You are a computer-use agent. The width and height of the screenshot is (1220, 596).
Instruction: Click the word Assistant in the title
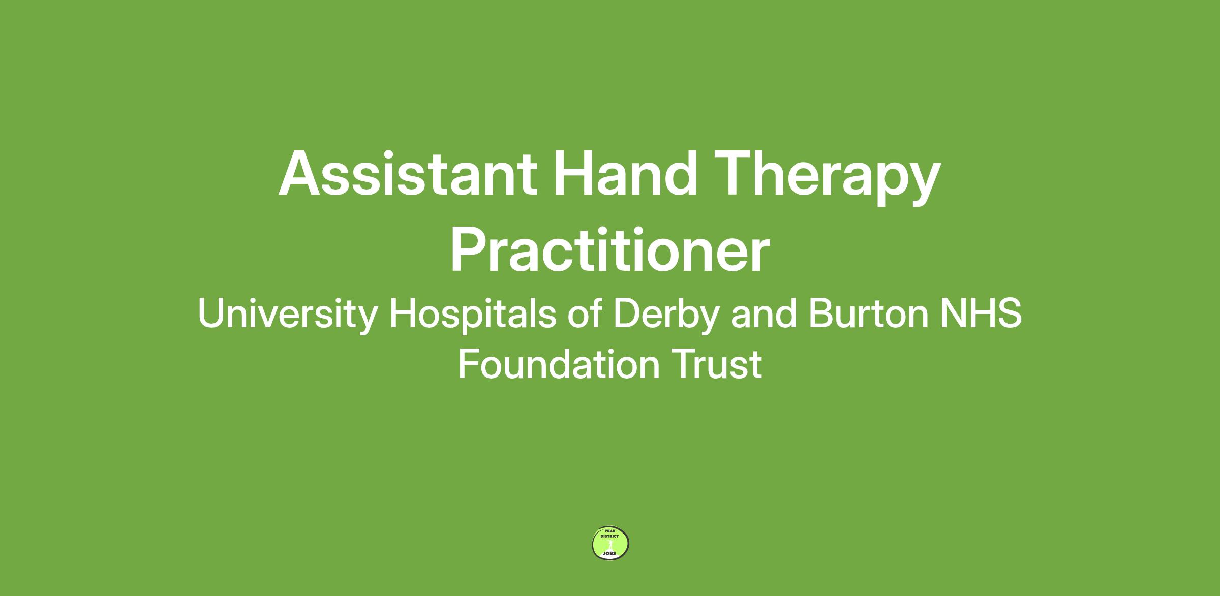click(x=408, y=173)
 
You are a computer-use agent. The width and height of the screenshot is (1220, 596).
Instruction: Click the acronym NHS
click(x=981, y=314)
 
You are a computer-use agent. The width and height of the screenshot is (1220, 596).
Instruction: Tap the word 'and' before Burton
click(x=764, y=313)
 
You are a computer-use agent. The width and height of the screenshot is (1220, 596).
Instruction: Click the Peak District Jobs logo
click(x=611, y=543)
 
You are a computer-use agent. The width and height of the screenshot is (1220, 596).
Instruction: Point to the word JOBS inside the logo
click(x=609, y=553)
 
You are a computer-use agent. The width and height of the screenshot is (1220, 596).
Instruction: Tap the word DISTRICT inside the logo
click(x=610, y=536)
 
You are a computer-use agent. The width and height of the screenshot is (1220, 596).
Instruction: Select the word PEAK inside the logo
click(x=610, y=530)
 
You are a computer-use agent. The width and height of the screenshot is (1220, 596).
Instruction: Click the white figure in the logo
click(x=610, y=544)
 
